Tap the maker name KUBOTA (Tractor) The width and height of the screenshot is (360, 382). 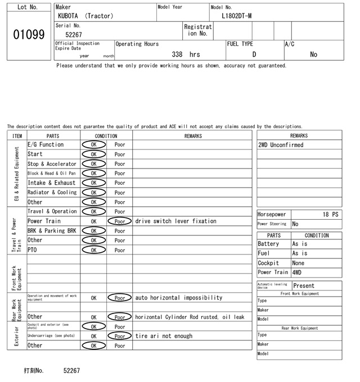tap(85, 16)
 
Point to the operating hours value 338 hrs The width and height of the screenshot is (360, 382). tap(186, 54)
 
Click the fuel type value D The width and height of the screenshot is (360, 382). tap(254, 54)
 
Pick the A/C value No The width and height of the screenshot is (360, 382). tap(313, 54)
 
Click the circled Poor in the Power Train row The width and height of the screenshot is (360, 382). tap(120, 221)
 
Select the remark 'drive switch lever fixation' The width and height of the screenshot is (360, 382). tap(175, 221)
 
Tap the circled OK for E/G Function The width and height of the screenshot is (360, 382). tap(93, 144)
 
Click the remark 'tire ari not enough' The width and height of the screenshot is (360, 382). tap(164, 336)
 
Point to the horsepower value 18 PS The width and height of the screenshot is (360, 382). tap(331, 215)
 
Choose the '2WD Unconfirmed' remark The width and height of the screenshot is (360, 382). tap(281, 145)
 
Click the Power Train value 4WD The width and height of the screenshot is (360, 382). tap(296, 272)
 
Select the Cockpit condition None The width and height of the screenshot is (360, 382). tap(298, 263)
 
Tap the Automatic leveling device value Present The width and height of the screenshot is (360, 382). tap(304, 285)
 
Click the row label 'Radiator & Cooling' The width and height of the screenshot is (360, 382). tap(52, 193)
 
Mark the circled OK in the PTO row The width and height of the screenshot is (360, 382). tap(93, 250)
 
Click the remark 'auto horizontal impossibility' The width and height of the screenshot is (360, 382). tap(178, 298)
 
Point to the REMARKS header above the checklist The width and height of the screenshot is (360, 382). tap(193, 135)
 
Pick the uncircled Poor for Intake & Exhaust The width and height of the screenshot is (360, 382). tap(120, 183)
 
